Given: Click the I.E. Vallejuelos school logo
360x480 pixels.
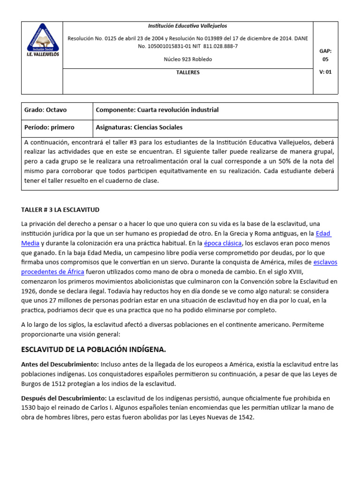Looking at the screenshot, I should point(42,41).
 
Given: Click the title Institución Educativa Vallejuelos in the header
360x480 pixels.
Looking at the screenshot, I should point(187,26).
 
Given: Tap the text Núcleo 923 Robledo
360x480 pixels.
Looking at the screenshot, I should point(187,60).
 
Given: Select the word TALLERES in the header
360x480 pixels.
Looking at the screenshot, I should point(187,73).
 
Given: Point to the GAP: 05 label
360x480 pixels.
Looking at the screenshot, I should point(325,55).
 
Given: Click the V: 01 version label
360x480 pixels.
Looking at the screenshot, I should point(325,72).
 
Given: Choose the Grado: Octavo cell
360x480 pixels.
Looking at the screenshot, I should point(45,110).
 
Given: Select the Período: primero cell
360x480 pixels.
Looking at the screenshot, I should point(49,127).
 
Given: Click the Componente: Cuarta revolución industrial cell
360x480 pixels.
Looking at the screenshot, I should point(157,110).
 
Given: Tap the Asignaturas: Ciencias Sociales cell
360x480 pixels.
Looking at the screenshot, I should point(139,127).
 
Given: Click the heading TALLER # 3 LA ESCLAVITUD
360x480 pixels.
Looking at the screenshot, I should point(60,210).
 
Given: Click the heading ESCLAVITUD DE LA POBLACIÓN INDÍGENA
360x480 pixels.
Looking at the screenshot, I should point(94,350).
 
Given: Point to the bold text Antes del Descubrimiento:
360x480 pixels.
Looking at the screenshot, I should point(60,364).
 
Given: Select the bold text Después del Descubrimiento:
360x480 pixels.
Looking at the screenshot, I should point(64,398).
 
